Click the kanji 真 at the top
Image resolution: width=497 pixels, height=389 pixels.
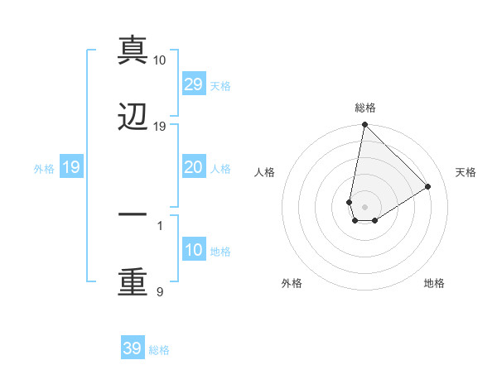pyautogui.click(x=133, y=50)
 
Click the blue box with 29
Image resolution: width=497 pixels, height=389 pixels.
pyautogui.click(x=193, y=84)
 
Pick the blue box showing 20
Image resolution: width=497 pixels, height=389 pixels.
pyautogui.click(x=193, y=167)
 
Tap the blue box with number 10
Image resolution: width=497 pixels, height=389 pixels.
pyautogui.click(x=193, y=250)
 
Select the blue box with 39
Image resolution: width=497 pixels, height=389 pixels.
pyautogui.click(x=133, y=348)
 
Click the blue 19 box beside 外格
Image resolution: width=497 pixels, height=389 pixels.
pyautogui.click(x=71, y=167)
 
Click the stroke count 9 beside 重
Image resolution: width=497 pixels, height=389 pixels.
pyautogui.click(x=160, y=291)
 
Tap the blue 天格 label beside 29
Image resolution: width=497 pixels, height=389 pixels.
pyautogui.click(x=220, y=85)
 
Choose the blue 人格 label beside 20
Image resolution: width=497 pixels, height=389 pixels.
pyautogui.click(x=220, y=168)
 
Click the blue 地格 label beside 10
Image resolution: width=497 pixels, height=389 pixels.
pyautogui.click(x=220, y=251)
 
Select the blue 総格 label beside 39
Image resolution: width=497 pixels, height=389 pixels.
pyautogui.click(x=160, y=349)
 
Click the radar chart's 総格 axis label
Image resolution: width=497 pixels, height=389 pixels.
pyautogui.click(x=365, y=108)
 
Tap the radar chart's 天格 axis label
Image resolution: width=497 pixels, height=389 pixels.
pyautogui.click(x=466, y=172)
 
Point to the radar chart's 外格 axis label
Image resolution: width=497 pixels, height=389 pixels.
pyautogui.click(x=291, y=283)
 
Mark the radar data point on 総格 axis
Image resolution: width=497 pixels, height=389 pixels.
pyautogui.click(x=364, y=126)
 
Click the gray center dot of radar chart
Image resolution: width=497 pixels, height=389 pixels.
pyautogui.click(x=364, y=207)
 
